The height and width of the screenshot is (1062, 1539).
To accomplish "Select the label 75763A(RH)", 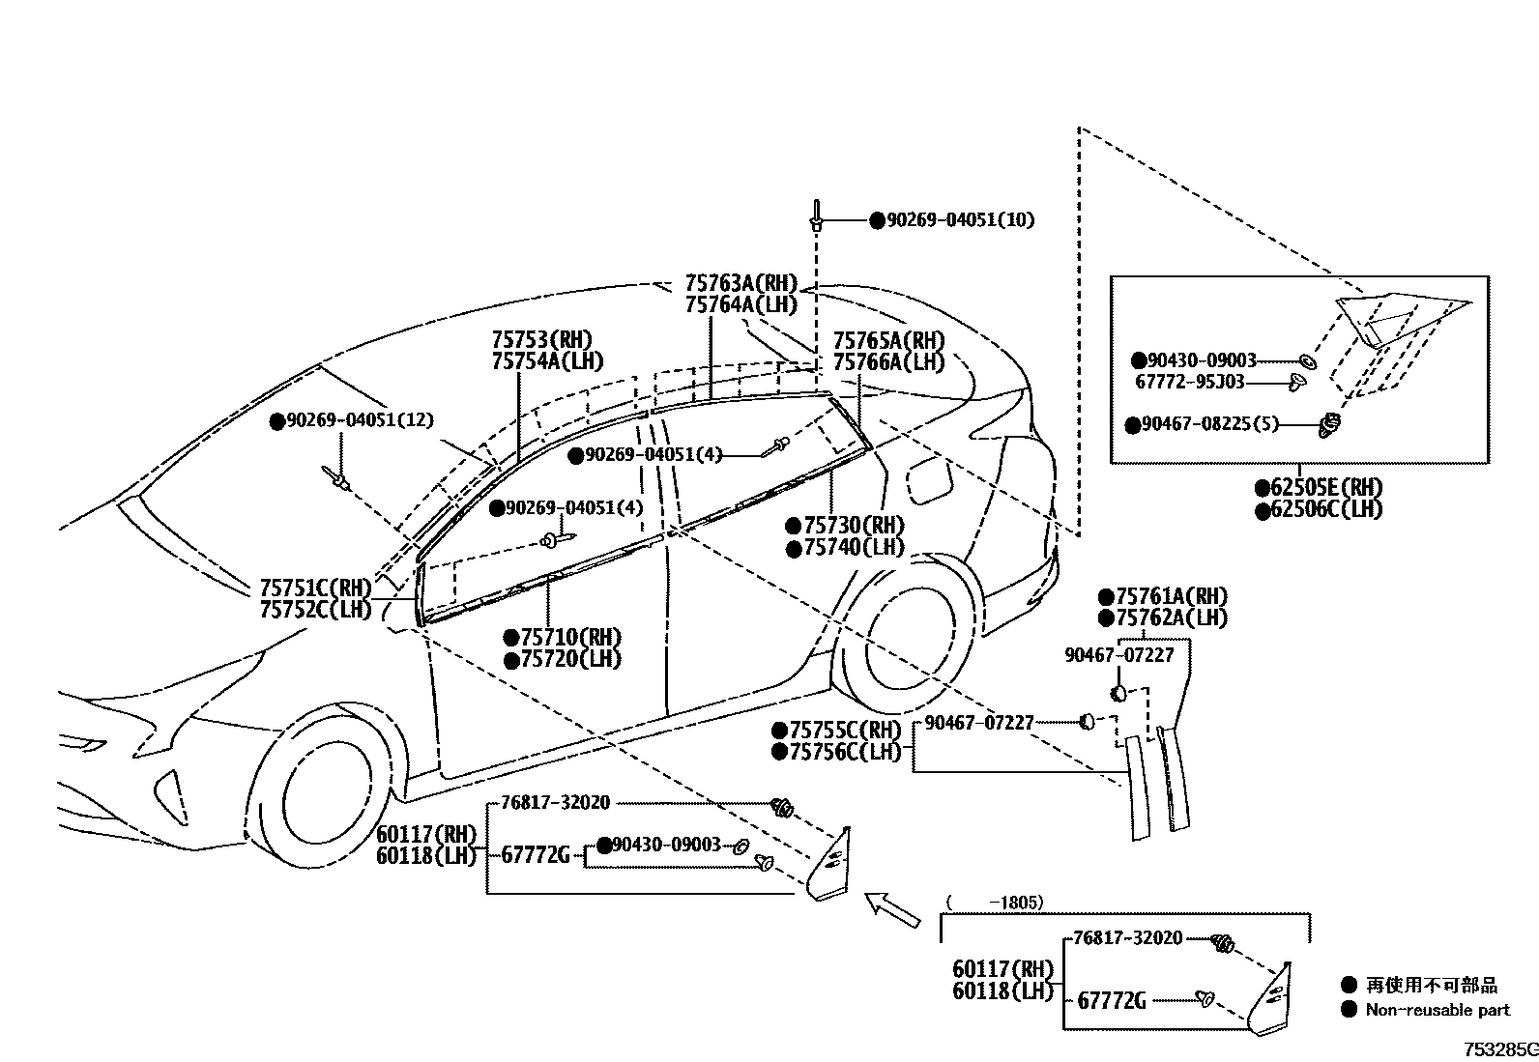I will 740,283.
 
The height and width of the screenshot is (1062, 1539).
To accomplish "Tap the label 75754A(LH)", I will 547,361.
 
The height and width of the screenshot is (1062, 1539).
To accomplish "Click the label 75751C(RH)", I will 315,588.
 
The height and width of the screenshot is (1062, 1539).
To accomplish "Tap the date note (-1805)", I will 995,903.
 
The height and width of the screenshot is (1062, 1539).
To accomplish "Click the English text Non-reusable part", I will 1437,1010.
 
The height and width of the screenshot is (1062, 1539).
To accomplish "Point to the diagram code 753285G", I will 1499,1049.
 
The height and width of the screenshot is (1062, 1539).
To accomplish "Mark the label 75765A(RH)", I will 888,340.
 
